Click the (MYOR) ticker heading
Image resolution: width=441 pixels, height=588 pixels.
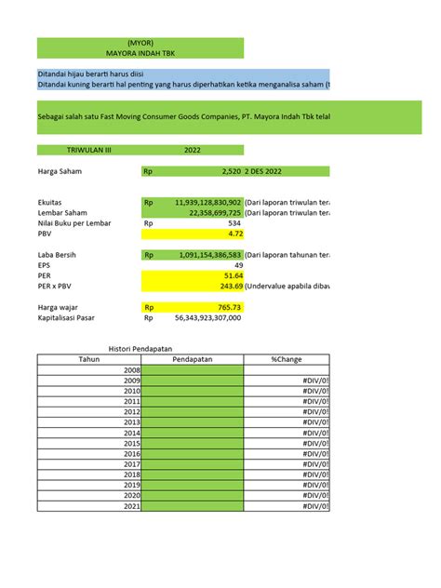click(140, 43)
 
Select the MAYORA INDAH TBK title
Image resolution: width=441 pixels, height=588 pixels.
click(140, 54)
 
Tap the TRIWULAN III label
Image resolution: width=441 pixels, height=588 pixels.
click(88, 149)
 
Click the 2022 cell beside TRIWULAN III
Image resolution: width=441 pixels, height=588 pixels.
click(193, 149)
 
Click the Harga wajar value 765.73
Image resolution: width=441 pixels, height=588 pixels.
click(230, 307)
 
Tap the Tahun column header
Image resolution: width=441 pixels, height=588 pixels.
click(89, 359)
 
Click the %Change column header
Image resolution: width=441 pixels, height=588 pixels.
click(287, 359)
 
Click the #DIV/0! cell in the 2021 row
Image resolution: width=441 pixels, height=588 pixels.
click(316, 506)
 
